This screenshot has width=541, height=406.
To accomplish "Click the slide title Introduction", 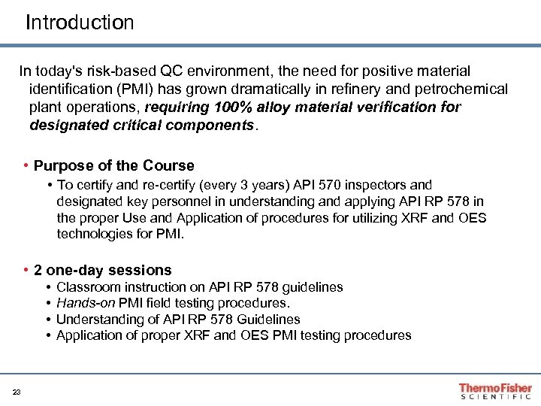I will [x=80, y=23].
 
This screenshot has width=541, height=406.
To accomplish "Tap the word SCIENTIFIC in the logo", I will [x=495, y=396].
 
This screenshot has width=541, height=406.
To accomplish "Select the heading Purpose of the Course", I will [x=114, y=165].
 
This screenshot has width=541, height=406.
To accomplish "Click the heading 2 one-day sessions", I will [x=103, y=269].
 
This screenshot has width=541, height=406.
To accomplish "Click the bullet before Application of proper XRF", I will [x=48, y=335].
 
